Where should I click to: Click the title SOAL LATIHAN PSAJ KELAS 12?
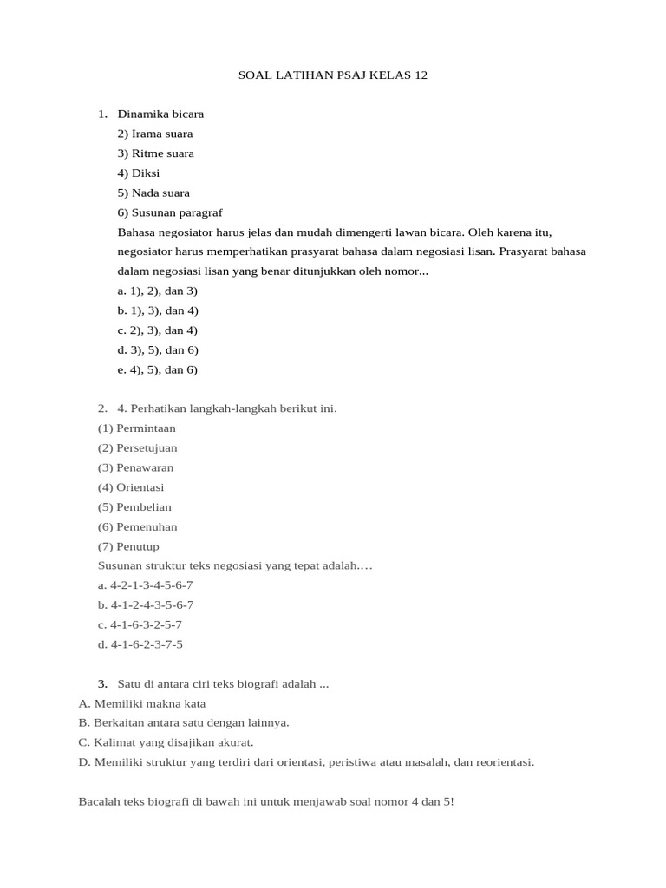point(333,75)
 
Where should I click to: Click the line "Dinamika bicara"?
point(160,114)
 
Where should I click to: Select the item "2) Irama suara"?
point(155,134)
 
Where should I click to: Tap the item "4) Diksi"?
point(139,173)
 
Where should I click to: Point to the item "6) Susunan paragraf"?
point(170,212)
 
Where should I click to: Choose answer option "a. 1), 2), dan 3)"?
point(158,291)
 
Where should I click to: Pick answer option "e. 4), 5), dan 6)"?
point(158,370)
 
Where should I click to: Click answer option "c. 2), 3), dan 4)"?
point(158,330)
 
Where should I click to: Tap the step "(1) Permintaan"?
point(137,428)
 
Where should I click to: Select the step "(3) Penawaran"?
point(136,467)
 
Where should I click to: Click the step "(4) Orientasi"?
point(131,487)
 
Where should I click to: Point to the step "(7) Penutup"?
point(128,546)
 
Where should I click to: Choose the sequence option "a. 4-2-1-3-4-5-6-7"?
point(146,585)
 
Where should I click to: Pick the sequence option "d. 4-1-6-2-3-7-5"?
point(140,644)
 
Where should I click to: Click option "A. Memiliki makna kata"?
point(142,703)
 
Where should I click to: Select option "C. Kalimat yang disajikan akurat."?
point(166,742)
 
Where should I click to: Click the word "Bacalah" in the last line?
point(98,802)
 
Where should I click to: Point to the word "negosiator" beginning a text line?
point(144,251)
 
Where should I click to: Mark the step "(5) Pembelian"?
point(134,507)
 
